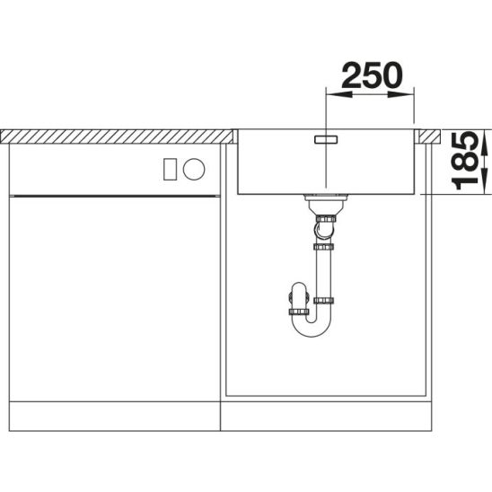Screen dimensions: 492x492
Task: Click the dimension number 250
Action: click(372, 75)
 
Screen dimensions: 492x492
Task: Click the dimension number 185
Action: click(465, 162)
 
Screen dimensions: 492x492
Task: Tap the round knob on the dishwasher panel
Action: click(194, 169)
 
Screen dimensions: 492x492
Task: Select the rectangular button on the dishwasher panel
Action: click(170, 170)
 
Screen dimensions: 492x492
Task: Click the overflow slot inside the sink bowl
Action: click(326, 140)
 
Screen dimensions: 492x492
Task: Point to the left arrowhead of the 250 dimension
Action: click(339, 94)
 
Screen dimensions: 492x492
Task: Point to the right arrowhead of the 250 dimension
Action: click(400, 94)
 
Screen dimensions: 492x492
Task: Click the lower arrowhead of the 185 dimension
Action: click(485, 181)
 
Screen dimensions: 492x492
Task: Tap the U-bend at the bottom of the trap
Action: click(312, 329)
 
